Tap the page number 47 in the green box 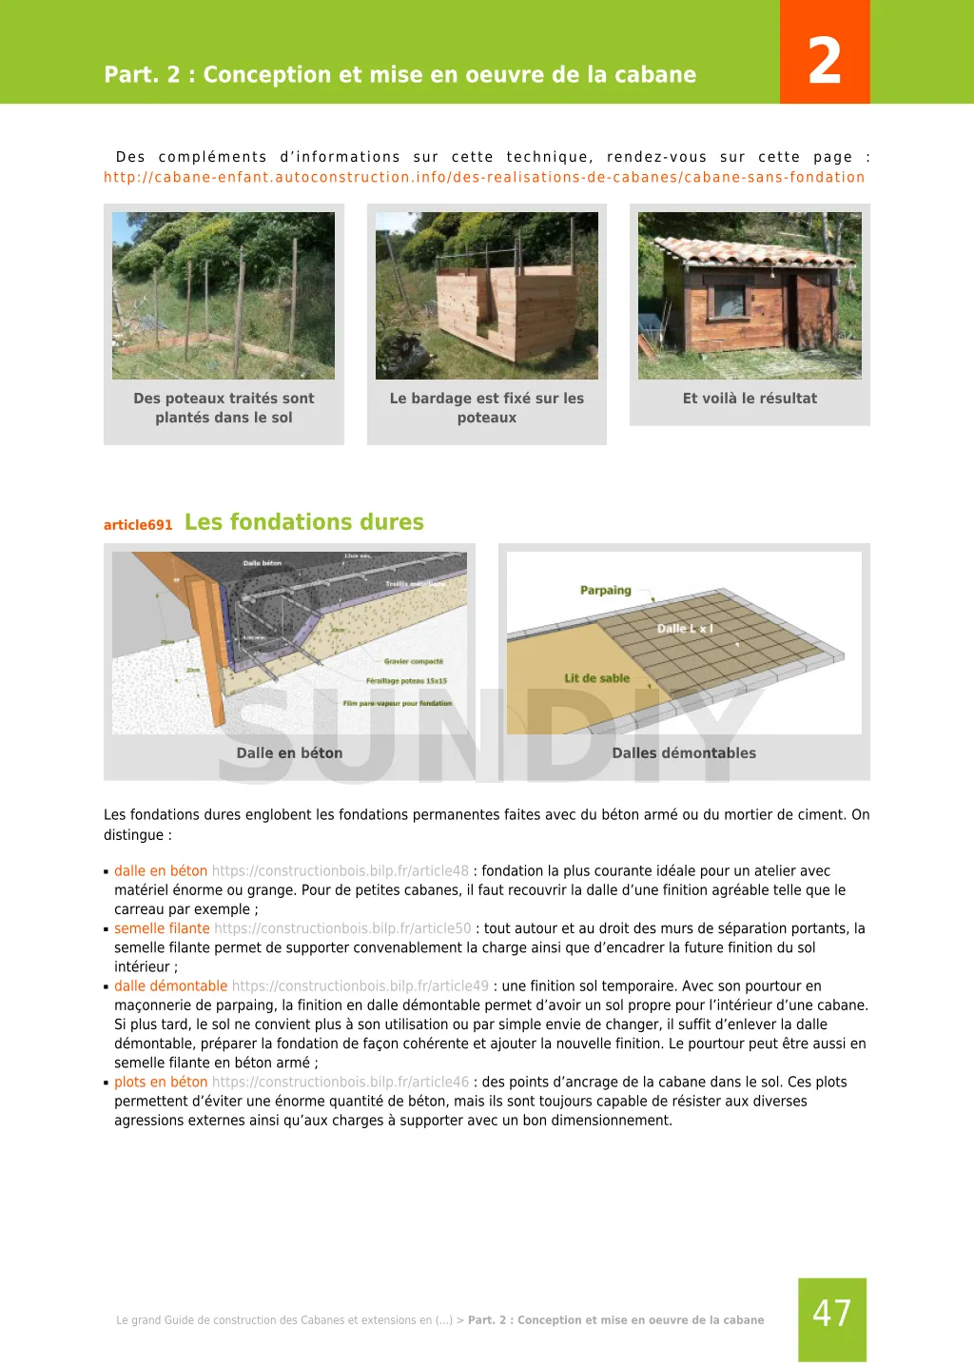pos(831,1314)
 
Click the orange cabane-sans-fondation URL pos(484,177)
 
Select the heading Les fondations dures pos(303,522)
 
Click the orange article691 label pos(138,525)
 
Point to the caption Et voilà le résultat pos(750,399)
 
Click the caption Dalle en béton pos(289,752)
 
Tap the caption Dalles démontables pos(684,752)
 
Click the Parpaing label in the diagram pos(605,591)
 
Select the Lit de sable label pos(596,678)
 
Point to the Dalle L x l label pos(685,629)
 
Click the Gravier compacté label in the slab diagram pos(414,661)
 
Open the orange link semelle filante pos(162,928)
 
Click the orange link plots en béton pos(161,1082)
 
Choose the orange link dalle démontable pos(171,986)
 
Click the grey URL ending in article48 pos(340,871)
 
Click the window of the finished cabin pos(730,300)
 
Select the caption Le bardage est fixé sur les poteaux pos(486,408)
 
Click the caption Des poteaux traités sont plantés pos(224,408)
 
